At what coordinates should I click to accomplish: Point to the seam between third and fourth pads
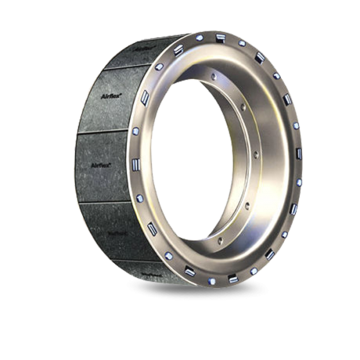pyautogui.click(x=108, y=202)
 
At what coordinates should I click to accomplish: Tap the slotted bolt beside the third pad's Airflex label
pyautogui.click(x=136, y=163)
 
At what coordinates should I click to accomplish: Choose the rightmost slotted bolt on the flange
pyautogui.click(x=299, y=154)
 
